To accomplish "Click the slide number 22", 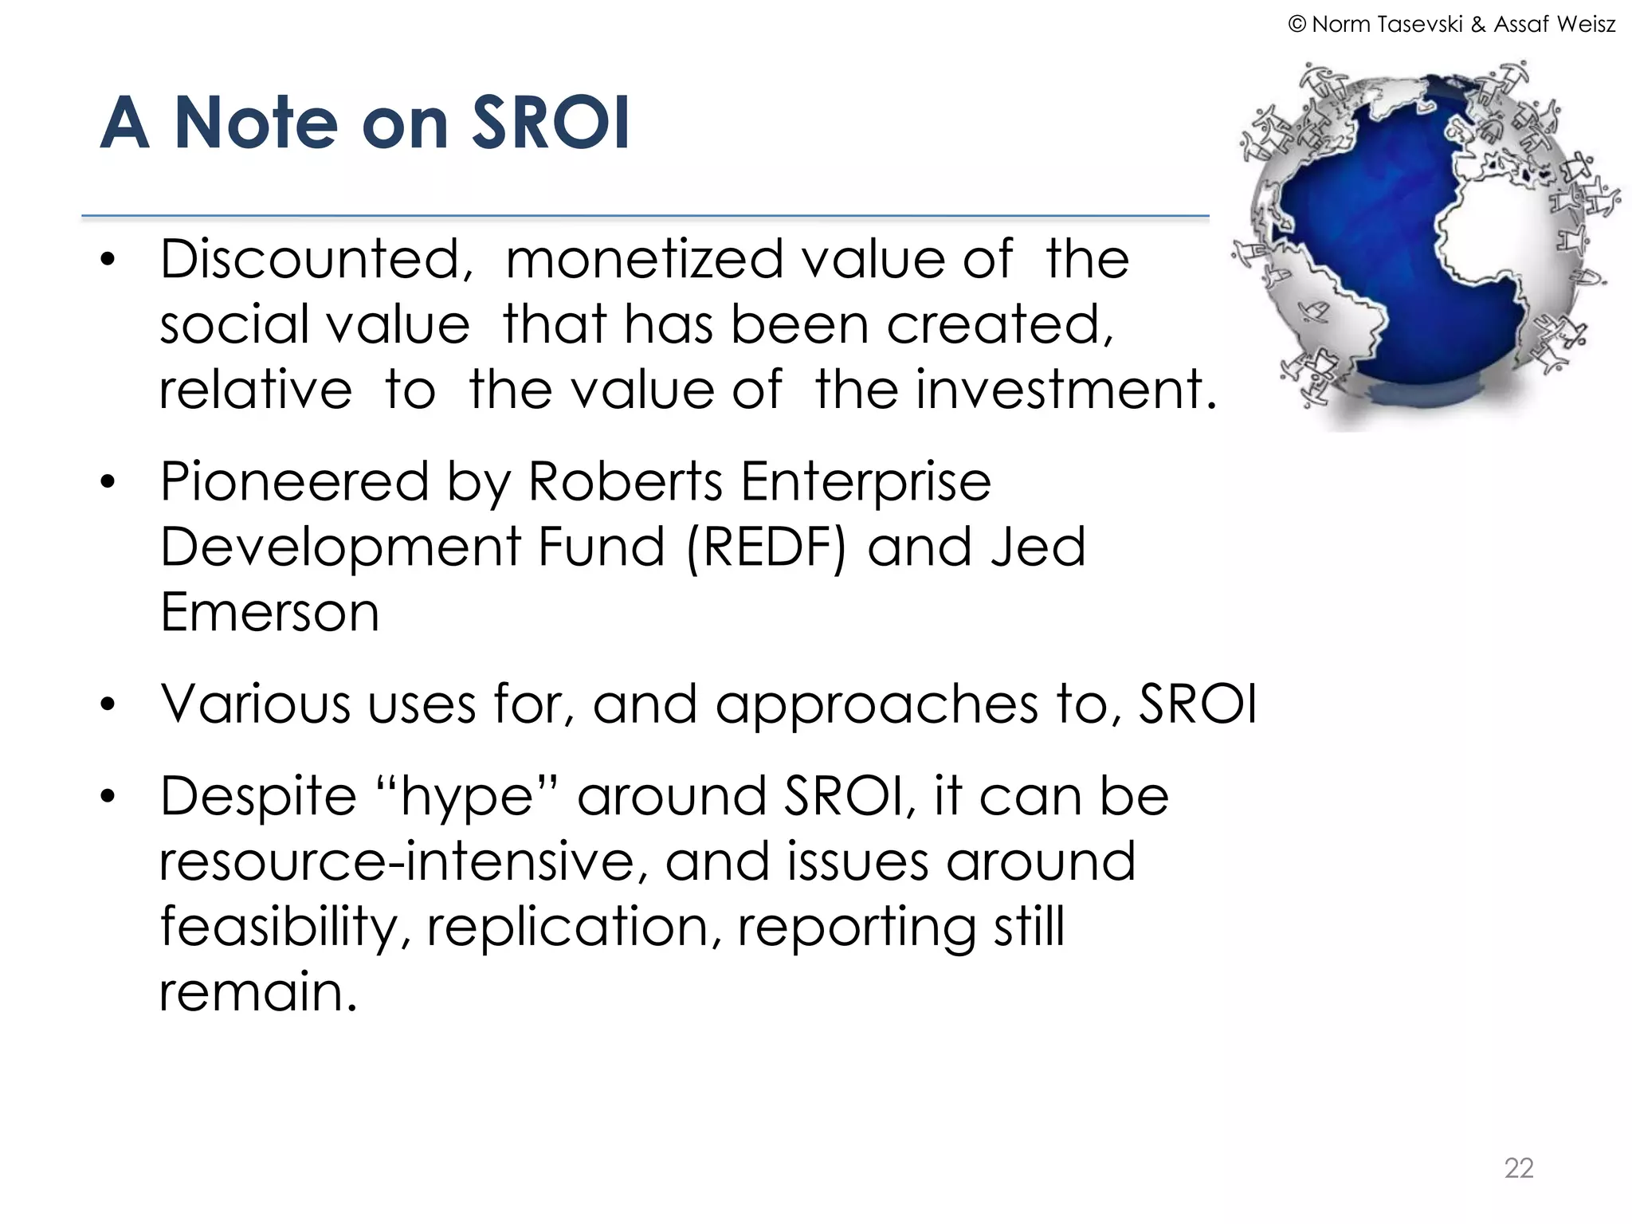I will pos(1518,1168).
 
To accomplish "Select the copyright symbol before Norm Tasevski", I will pos(1297,25).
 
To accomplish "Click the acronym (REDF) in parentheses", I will pos(765,547).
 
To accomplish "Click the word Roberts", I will pos(626,482).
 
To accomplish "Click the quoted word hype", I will pos(466,797).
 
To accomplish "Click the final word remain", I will pos(257,992).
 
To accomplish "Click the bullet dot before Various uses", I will pos(108,705).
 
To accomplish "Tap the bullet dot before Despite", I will pos(108,796).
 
